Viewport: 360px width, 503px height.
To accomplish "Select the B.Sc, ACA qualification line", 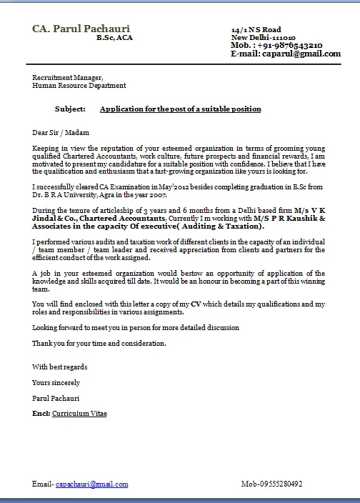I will (x=114, y=38).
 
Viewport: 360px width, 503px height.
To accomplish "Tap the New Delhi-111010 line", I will (x=263, y=37).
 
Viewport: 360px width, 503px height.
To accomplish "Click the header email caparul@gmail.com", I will (x=300, y=54).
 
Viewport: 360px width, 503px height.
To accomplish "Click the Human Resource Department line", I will (x=79, y=86).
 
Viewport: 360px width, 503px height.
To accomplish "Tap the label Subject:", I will (x=70, y=109).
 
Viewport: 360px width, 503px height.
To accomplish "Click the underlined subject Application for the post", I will (x=180, y=109).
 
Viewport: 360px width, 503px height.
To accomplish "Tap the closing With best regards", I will (x=60, y=367).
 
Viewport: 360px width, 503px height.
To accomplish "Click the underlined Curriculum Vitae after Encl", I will (x=79, y=414).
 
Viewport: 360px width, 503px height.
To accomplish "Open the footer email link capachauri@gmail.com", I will (x=92, y=484).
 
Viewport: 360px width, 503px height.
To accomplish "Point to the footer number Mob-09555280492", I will (x=272, y=484).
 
